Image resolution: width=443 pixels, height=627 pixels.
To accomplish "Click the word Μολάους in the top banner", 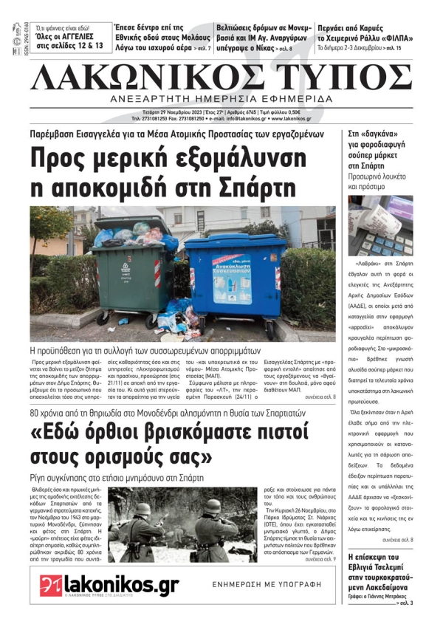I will (x=188, y=37).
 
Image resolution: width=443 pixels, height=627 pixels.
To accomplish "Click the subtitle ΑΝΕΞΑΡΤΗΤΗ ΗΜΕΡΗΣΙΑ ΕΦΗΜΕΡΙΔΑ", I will (x=221, y=100).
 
